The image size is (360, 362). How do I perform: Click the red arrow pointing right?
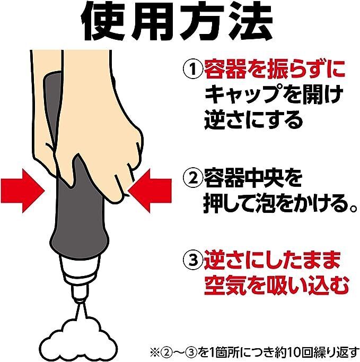(x=22, y=191)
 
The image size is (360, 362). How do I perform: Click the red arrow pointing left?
(x=150, y=191)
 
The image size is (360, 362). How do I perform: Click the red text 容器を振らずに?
(x=275, y=69)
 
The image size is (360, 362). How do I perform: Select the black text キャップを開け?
(x=274, y=94)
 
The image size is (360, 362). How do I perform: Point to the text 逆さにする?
(x=253, y=120)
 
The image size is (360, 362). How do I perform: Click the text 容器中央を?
(x=253, y=179)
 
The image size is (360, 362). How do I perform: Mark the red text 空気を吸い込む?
(x=276, y=286)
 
